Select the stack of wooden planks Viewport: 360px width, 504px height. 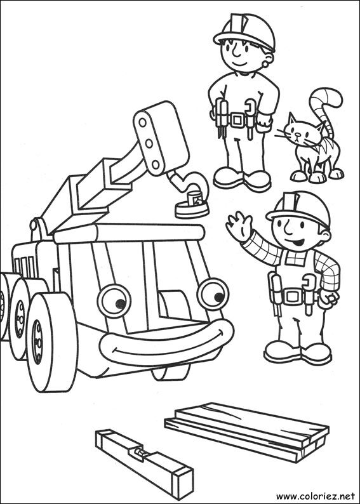(x=248, y=428)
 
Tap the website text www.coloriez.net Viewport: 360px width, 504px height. (x=314, y=494)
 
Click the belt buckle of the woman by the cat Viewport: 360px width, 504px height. (x=238, y=119)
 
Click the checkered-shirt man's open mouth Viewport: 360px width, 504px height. (x=296, y=242)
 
